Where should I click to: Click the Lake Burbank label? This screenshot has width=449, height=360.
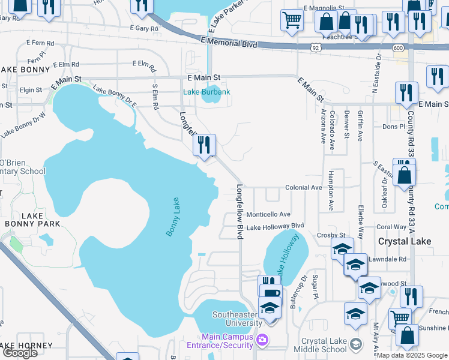pyautogui.click(x=206, y=92)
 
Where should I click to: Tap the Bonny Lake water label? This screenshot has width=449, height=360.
pyautogui.click(x=173, y=217)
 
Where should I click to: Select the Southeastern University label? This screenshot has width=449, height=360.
pyautogui.click(x=238, y=319)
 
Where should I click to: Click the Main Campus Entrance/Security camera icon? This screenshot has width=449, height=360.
pyautogui.click(x=262, y=341)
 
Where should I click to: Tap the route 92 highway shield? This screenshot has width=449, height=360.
pyautogui.click(x=316, y=46)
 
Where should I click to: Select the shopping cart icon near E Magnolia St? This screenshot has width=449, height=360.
pyautogui.click(x=292, y=20)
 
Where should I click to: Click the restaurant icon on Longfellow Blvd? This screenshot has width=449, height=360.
pyautogui.click(x=205, y=145)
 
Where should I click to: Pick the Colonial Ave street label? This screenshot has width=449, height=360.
pyautogui.click(x=304, y=188)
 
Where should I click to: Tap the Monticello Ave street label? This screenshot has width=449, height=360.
pyautogui.click(x=268, y=214)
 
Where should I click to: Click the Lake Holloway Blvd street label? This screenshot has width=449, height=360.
pyautogui.click(x=276, y=227)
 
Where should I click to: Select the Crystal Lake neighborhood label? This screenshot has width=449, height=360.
pyautogui.click(x=401, y=241)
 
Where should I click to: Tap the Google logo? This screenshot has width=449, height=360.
pyautogui.click(x=20, y=353)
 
